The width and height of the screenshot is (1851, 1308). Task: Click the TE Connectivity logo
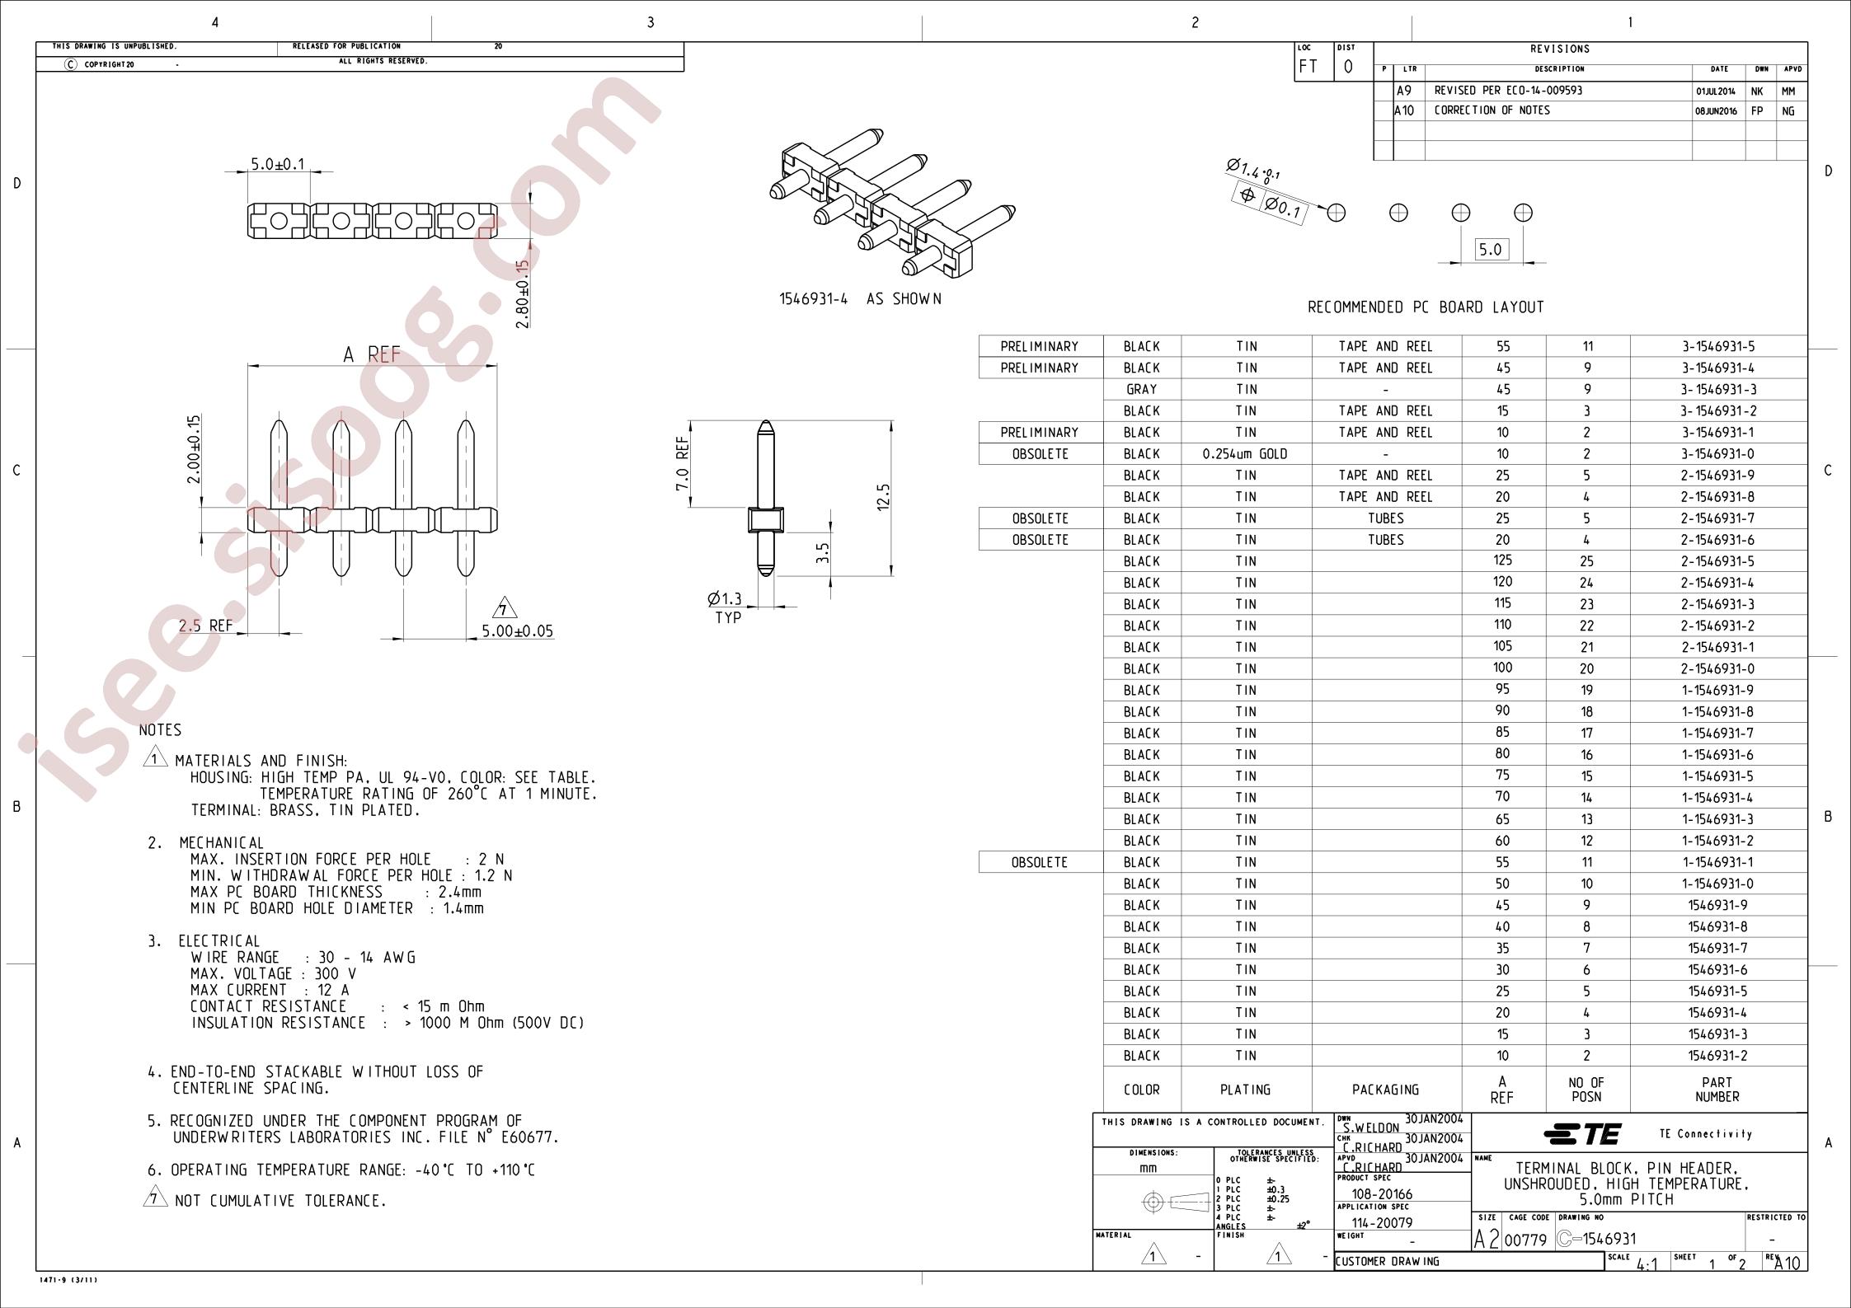[x=1582, y=1134]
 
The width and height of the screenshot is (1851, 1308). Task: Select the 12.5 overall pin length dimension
[x=884, y=497]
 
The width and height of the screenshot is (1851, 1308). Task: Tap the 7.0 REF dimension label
[x=683, y=464]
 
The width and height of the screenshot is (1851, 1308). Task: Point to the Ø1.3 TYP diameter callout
[x=726, y=608]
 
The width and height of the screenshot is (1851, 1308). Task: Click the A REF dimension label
[x=372, y=354]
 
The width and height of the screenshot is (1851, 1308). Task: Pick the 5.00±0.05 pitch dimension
[x=518, y=631]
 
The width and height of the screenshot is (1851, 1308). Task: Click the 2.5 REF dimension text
[x=206, y=626]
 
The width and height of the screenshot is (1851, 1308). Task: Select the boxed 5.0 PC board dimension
[x=1490, y=249]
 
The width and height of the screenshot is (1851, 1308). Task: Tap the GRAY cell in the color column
[x=1142, y=389]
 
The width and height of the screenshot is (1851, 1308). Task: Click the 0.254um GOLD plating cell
[x=1246, y=454]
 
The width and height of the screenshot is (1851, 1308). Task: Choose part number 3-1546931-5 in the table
[x=1718, y=346]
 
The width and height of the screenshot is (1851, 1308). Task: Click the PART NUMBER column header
[x=1717, y=1090]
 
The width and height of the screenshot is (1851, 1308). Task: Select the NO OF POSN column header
[x=1586, y=1090]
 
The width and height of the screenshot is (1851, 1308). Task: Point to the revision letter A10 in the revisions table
[x=1404, y=110]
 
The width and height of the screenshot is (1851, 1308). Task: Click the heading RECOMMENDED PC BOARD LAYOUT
[x=1426, y=307]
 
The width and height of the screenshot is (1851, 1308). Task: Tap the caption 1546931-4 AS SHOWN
[x=860, y=299]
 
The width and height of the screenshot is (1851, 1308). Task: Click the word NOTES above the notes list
[x=160, y=730]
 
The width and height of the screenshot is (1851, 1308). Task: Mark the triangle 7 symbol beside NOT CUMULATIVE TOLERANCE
[x=154, y=1198]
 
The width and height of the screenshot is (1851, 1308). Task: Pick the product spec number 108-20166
[x=1382, y=1194]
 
